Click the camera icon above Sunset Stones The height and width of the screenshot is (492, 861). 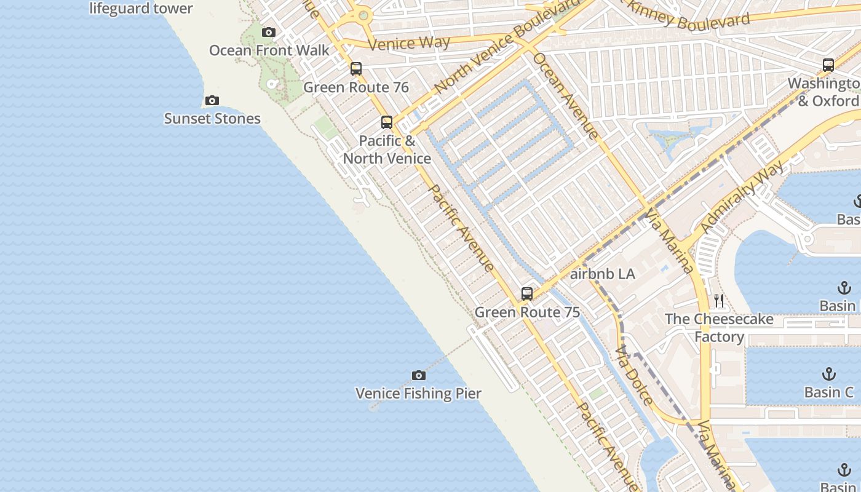[x=212, y=100]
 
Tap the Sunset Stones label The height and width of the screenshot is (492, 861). [x=212, y=119]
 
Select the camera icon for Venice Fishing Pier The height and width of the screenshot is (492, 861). [x=418, y=375]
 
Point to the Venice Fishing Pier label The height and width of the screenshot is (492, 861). [x=418, y=394]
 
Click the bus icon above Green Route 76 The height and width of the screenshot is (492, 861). [x=356, y=69]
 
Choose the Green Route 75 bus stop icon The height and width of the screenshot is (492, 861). [x=527, y=294]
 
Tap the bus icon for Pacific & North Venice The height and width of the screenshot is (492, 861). [x=386, y=122]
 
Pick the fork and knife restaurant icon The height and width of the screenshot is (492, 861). [x=719, y=301]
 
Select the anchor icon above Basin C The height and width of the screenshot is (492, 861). [x=829, y=374]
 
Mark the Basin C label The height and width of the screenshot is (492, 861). [x=829, y=392]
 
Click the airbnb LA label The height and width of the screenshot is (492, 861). [x=602, y=274]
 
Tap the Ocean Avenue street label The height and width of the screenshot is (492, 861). [x=565, y=95]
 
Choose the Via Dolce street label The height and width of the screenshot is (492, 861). [x=634, y=375]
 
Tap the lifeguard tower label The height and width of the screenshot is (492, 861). [x=141, y=9]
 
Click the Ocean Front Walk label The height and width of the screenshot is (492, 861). [x=269, y=50]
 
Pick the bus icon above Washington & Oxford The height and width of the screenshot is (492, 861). [x=828, y=65]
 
